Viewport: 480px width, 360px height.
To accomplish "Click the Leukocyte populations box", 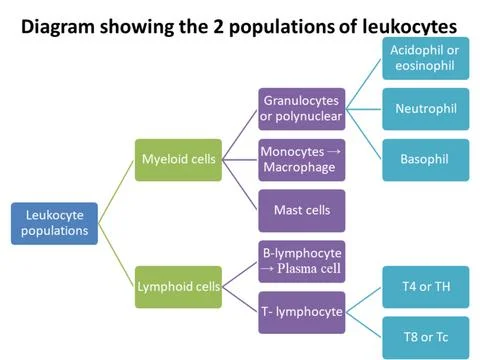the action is [x=54, y=224].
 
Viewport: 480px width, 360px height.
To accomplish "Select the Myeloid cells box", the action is [x=178, y=160].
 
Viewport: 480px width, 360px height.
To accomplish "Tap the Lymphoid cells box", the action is [x=178, y=287].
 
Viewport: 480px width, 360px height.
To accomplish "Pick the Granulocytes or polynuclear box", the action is [x=302, y=109].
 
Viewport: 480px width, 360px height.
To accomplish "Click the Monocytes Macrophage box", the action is [x=302, y=160].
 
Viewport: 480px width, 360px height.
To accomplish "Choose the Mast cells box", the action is [x=302, y=211].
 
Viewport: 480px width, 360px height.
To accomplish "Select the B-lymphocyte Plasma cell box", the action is [x=302, y=262].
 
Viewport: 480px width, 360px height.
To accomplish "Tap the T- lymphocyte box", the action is [x=302, y=313].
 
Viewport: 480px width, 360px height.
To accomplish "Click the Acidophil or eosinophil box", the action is [x=426, y=58].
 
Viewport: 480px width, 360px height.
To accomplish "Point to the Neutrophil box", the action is [x=426, y=109].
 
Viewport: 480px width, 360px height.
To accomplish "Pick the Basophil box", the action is [x=426, y=160].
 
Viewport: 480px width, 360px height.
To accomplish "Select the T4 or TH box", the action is [x=426, y=287].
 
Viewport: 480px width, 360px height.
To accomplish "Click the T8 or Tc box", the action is [x=426, y=338].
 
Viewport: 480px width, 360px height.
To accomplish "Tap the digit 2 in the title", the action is [x=218, y=27].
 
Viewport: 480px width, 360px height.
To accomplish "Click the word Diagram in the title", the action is [x=58, y=27].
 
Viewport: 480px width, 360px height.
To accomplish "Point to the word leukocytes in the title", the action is [x=409, y=27].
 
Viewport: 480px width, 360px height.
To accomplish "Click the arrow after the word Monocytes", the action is [x=334, y=152].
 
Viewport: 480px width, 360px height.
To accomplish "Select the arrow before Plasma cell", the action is [x=267, y=268].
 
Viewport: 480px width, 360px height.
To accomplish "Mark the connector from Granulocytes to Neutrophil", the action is [x=364, y=109].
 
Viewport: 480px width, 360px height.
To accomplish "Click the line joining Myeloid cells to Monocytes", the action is [x=240, y=160].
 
